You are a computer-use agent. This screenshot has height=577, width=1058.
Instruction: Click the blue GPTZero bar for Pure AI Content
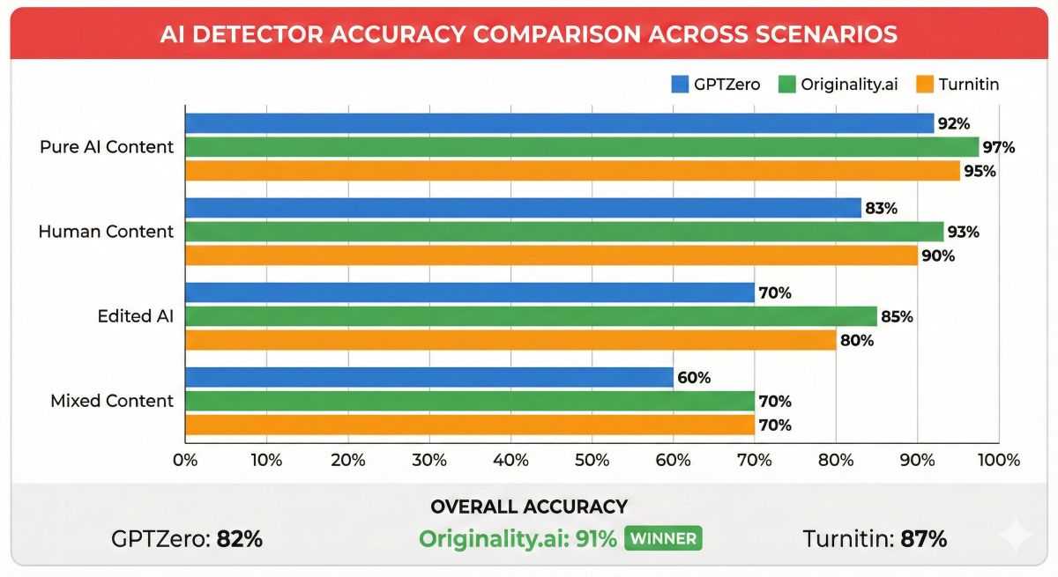pyautogui.click(x=559, y=123)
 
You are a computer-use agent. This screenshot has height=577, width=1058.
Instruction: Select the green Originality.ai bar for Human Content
pyautogui.click(x=564, y=232)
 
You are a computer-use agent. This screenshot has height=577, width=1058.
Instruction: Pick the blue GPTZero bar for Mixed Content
pyautogui.click(x=428, y=378)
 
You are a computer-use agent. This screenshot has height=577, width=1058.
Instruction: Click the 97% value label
pyautogui.click(x=999, y=147)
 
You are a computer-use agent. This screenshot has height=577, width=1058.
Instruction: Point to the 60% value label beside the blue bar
pyautogui.click(x=694, y=378)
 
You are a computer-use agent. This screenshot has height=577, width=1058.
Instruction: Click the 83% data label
pyautogui.click(x=881, y=209)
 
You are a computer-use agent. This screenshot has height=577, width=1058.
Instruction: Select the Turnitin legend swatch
pyautogui.click(x=922, y=85)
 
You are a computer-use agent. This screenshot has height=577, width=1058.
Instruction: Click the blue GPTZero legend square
pyautogui.click(x=680, y=85)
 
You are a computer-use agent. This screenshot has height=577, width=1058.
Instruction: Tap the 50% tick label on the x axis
pyautogui.click(x=592, y=460)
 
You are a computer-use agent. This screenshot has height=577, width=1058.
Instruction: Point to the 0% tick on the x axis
pyautogui.click(x=185, y=460)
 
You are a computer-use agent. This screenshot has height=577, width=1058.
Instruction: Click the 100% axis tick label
pyautogui.click(x=998, y=460)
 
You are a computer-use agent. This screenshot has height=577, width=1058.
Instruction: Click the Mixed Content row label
pyautogui.click(x=112, y=401)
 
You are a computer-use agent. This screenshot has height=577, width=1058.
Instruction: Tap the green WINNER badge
pyautogui.click(x=662, y=538)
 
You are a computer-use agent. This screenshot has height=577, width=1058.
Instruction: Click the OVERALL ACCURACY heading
pyautogui.click(x=528, y=507)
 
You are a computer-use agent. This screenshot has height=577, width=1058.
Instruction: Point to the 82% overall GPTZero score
pyautogui.click(x=239, y=539)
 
